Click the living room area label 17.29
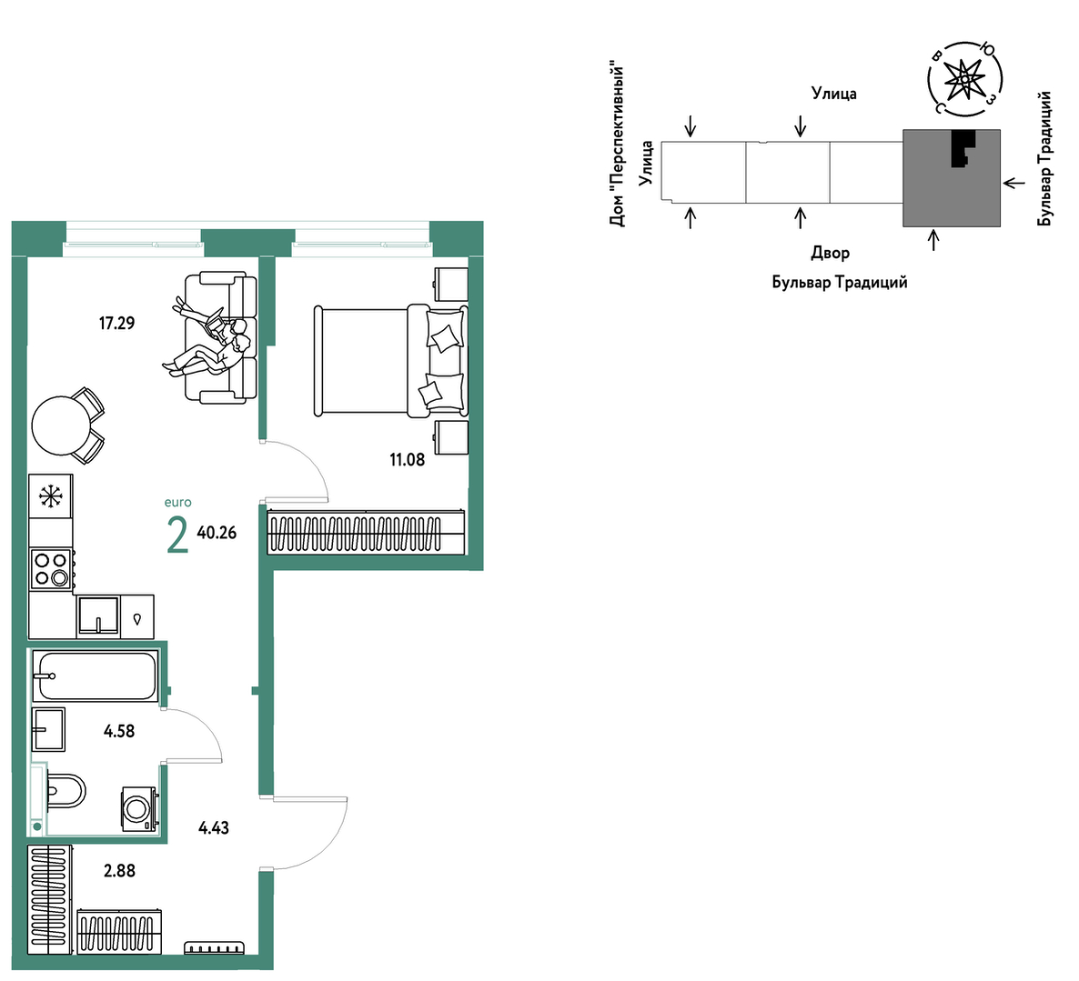[x=117, y=323]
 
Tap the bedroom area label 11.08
[x=408, y=460]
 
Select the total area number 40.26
[x=217, y=533]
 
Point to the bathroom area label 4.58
[x=119, y=731]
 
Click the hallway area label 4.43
[x=213, y=827]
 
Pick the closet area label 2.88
[x=120, y=871]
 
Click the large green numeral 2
[x=177, y=536]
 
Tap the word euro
[x=177, y=503]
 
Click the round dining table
[x=62, y=425]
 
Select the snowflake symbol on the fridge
[x=51, y=496]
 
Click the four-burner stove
[x=52, y=569]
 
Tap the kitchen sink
[x=98, y=615]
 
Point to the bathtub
[x=96, y=676]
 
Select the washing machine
[x=140, y=808]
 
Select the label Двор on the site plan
[x=830, y=254]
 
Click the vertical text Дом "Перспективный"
[x=617, y=145]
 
